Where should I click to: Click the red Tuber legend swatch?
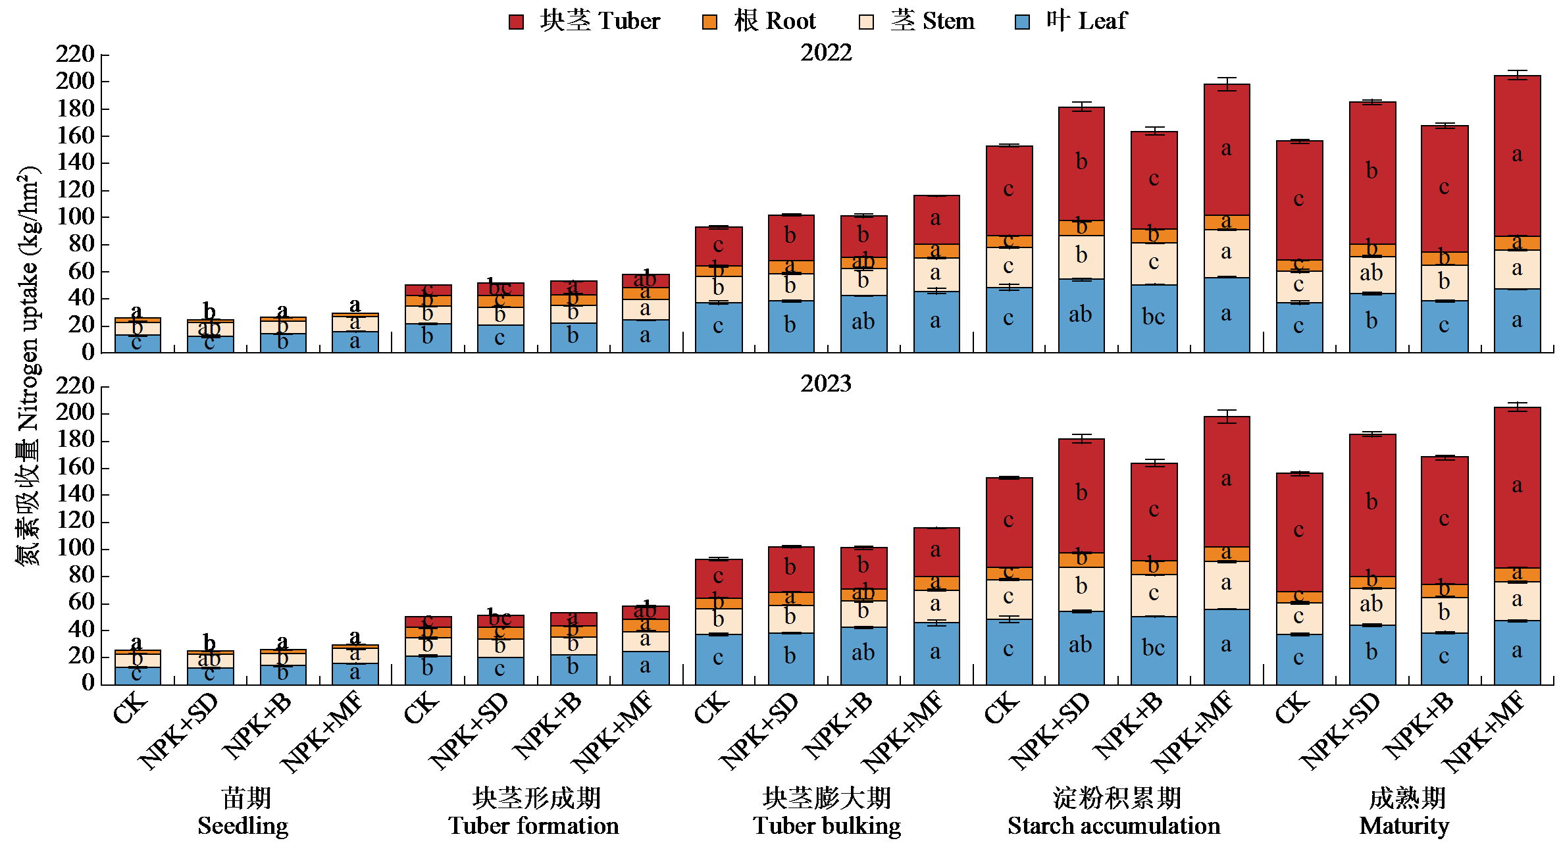(516, 22)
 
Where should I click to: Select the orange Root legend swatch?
(709, 22)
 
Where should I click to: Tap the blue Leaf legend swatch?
(1022, 22)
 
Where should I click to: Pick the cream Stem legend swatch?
(866, 22)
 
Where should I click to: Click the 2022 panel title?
(826, 53)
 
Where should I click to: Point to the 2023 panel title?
(826, 384)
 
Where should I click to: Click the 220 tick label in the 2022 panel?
(75, 54)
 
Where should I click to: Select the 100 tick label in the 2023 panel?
(75, 548)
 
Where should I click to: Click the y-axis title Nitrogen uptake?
(28, 365)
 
